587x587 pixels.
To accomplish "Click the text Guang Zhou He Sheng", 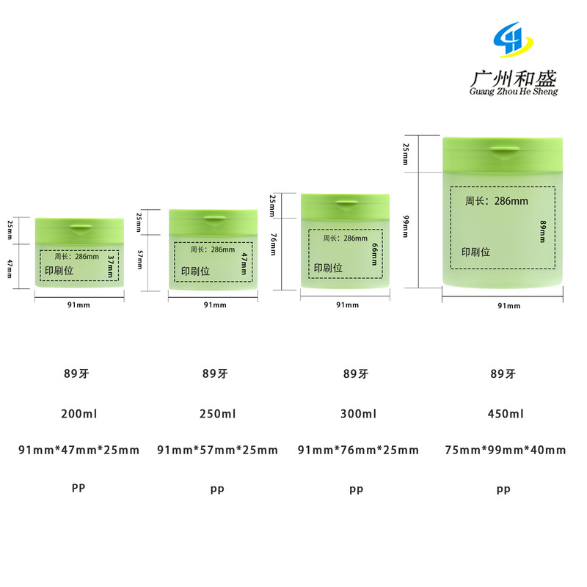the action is point(514,92).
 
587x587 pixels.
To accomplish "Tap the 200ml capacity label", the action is point(79,414).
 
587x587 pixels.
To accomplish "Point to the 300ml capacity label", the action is point(359,414).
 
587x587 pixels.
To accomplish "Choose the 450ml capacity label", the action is point(506,414).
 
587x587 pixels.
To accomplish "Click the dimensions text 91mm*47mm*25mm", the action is point(79,450).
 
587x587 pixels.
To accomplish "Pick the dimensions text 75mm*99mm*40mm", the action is point(506,450).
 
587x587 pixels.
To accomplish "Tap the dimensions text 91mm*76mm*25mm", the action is point(359,450).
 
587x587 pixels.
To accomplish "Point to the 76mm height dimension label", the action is point(273,244).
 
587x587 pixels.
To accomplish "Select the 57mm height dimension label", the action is point(139,262).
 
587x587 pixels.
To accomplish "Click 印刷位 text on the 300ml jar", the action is point(328,269).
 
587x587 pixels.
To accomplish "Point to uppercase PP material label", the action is point(79,487).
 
